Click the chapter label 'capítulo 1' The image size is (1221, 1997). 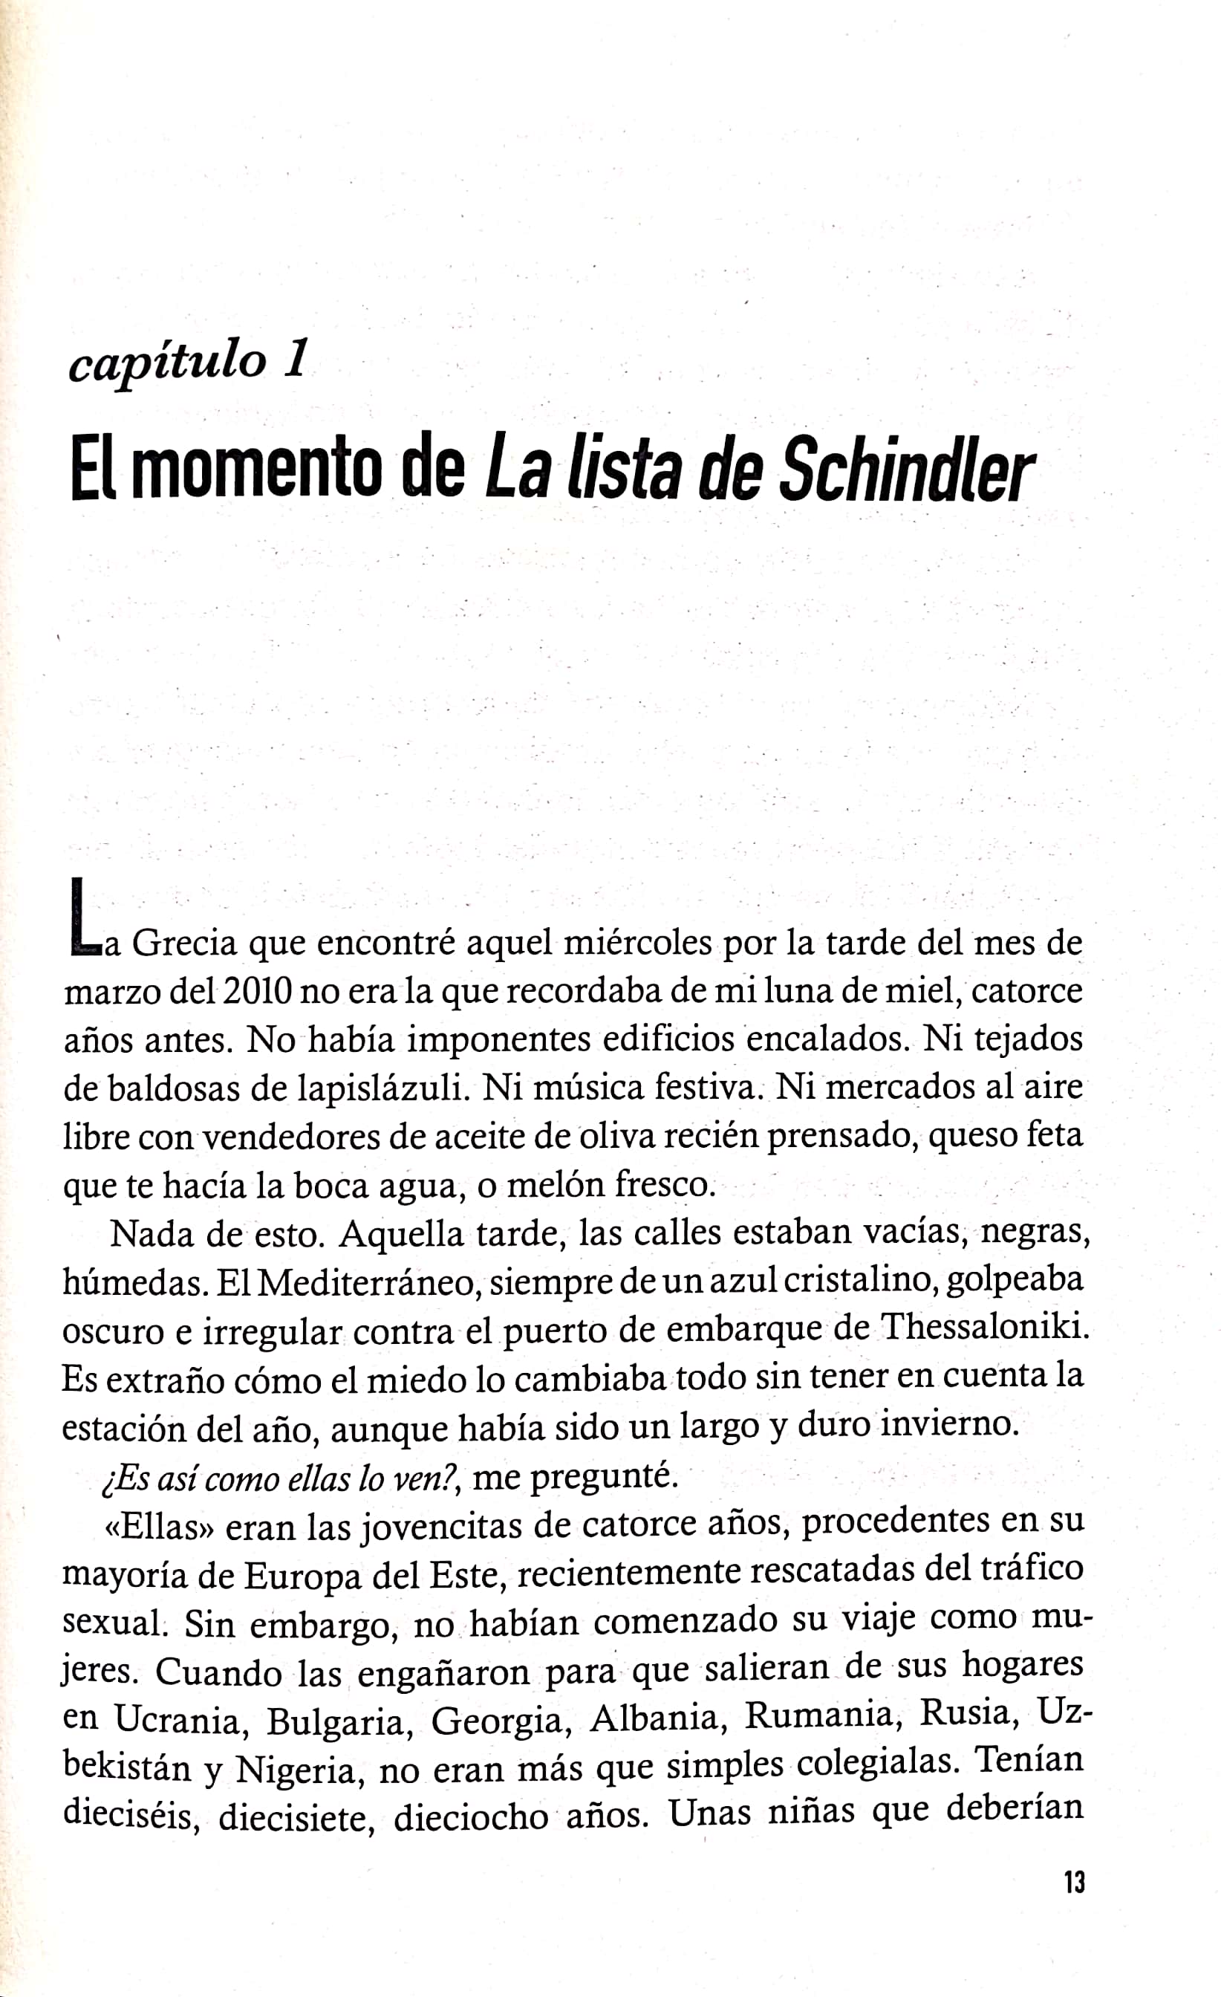coord(188,359)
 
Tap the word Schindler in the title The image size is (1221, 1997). coord(906,472)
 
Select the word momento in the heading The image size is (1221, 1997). coord(255,470)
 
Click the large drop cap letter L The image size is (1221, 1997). coord(83,913)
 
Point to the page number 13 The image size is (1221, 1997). coord(1073,1882)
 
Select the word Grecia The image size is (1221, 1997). coord(184,943)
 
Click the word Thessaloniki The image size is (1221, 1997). coord(984,1327)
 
